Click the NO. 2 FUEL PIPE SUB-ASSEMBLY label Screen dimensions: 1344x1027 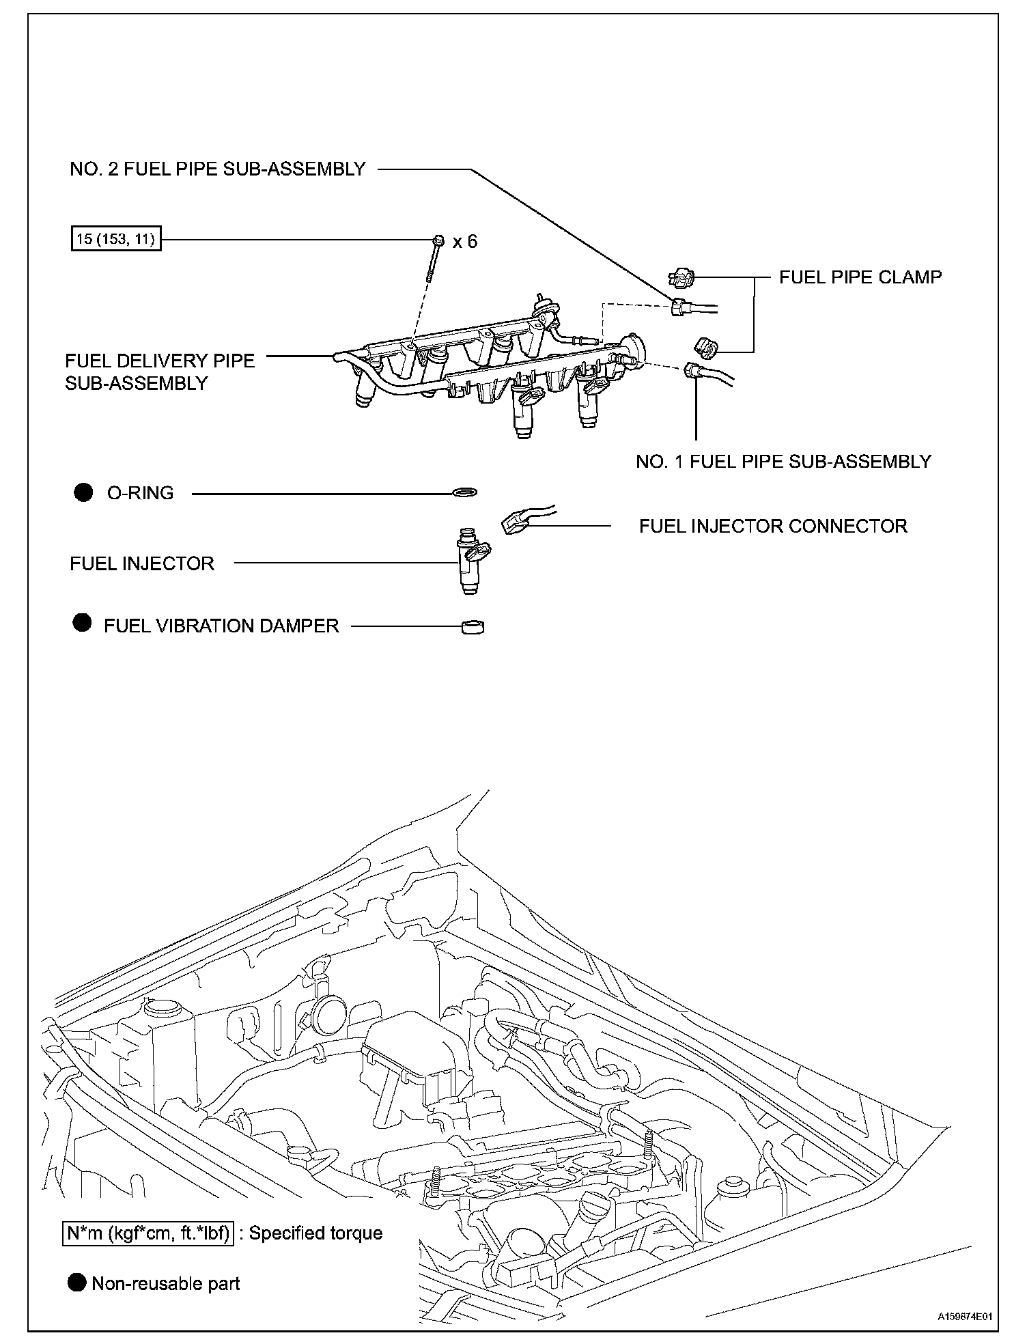click(x=218, y=169)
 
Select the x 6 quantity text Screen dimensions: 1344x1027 click(x=465, y=241)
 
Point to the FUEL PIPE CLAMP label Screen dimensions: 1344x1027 click(x=860, y=277)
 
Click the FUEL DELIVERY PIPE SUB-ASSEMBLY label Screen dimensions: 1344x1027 click(x=159, y=372)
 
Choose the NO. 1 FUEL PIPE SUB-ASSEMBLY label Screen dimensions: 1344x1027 click(x=783, y=461)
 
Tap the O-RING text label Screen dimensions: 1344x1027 click(x=140, y=493)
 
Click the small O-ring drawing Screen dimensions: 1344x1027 click(x=465, y=492)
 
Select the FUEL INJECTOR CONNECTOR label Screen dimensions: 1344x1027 click(x=773, y=526)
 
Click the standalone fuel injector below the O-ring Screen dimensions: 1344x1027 click(x=471, y=560)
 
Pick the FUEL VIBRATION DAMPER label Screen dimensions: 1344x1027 click(x=221, y=626)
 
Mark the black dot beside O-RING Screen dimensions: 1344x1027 click(x=83, y=492)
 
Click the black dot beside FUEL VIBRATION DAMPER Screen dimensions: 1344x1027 click(x=82, y=623)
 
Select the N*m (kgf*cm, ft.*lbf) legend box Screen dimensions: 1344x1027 click(x=147, y=1233)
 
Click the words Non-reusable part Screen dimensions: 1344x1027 click(x=165, y=1283)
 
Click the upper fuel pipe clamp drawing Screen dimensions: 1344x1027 click(x=681, y=277)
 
